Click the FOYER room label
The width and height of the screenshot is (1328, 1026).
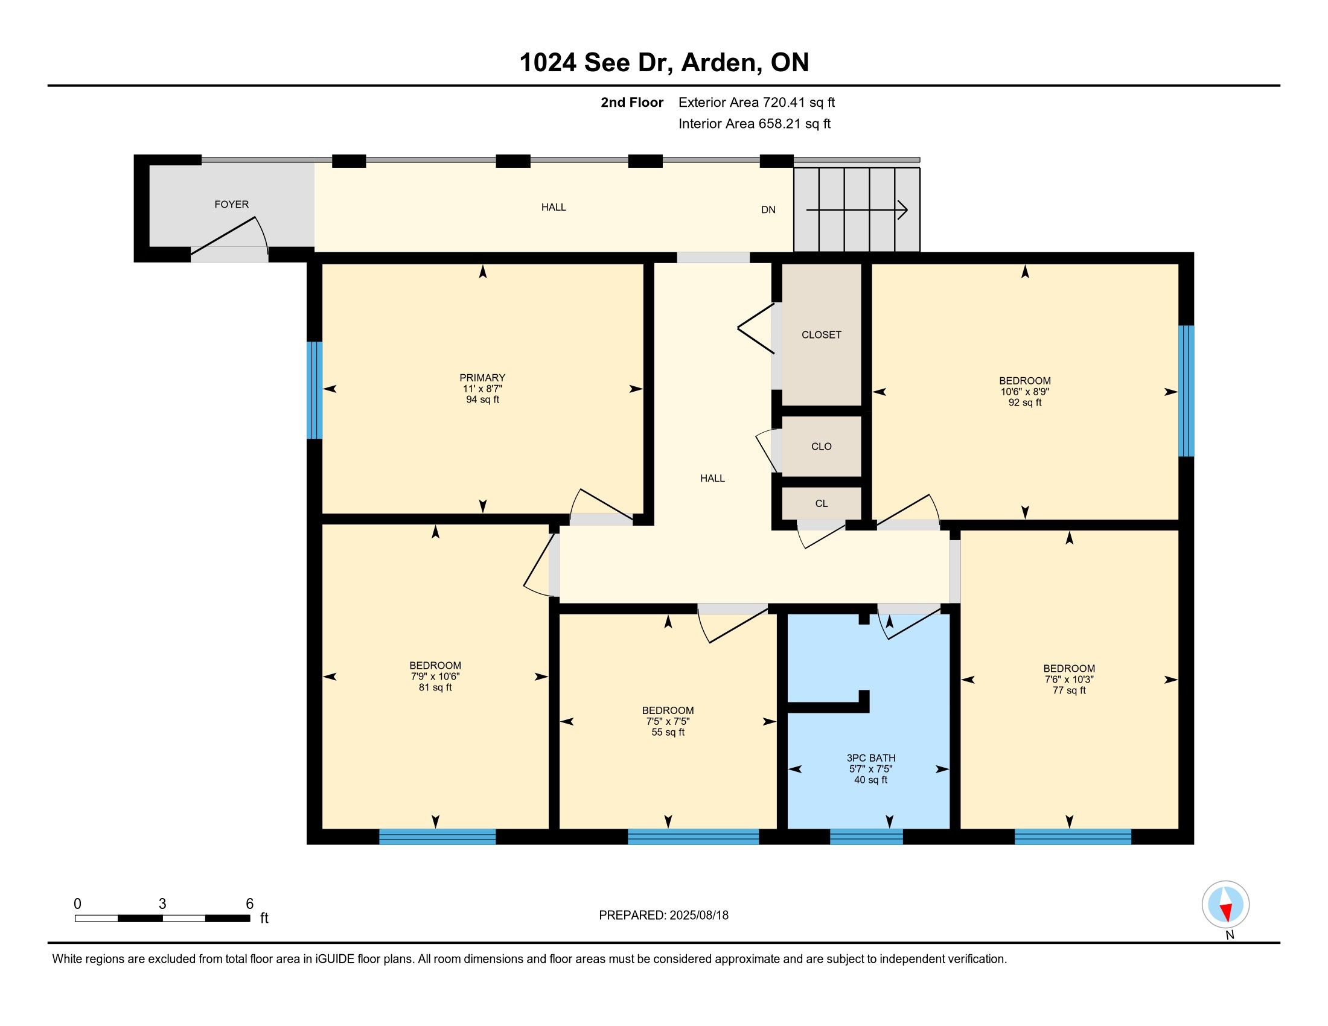click(x=232, y=205)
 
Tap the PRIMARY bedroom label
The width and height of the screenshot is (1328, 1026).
click(x=482, y=377)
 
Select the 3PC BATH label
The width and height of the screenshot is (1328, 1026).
click(x=870, y=758)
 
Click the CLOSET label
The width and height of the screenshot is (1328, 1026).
click(x=822, y=335)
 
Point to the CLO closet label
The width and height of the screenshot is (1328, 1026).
click(x=822, y=447)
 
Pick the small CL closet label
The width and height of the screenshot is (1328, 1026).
click(x=822, y=504)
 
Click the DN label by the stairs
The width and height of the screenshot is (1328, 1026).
click(x=768, y=209)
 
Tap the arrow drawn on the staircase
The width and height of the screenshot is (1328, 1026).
click(x=857, y=210)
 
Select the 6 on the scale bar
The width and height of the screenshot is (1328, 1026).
click(x=249, y=904)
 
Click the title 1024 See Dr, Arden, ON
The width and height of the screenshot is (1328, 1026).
click(x=664, y=62)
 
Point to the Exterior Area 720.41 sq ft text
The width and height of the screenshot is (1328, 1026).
click(x=756, y=103)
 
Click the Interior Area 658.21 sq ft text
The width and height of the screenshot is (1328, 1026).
click(x=755, y=124)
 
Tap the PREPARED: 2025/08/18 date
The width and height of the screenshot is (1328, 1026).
click(x=663, y=916)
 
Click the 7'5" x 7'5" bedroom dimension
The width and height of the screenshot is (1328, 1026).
click(x=668, y=721)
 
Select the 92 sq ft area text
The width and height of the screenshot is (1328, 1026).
click(x=1024, y=403)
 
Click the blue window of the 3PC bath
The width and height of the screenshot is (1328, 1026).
click(x=866, y=836)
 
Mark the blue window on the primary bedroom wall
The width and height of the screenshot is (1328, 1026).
click(x=314, y=390)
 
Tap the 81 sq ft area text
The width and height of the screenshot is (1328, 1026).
click(x=435, y=687)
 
